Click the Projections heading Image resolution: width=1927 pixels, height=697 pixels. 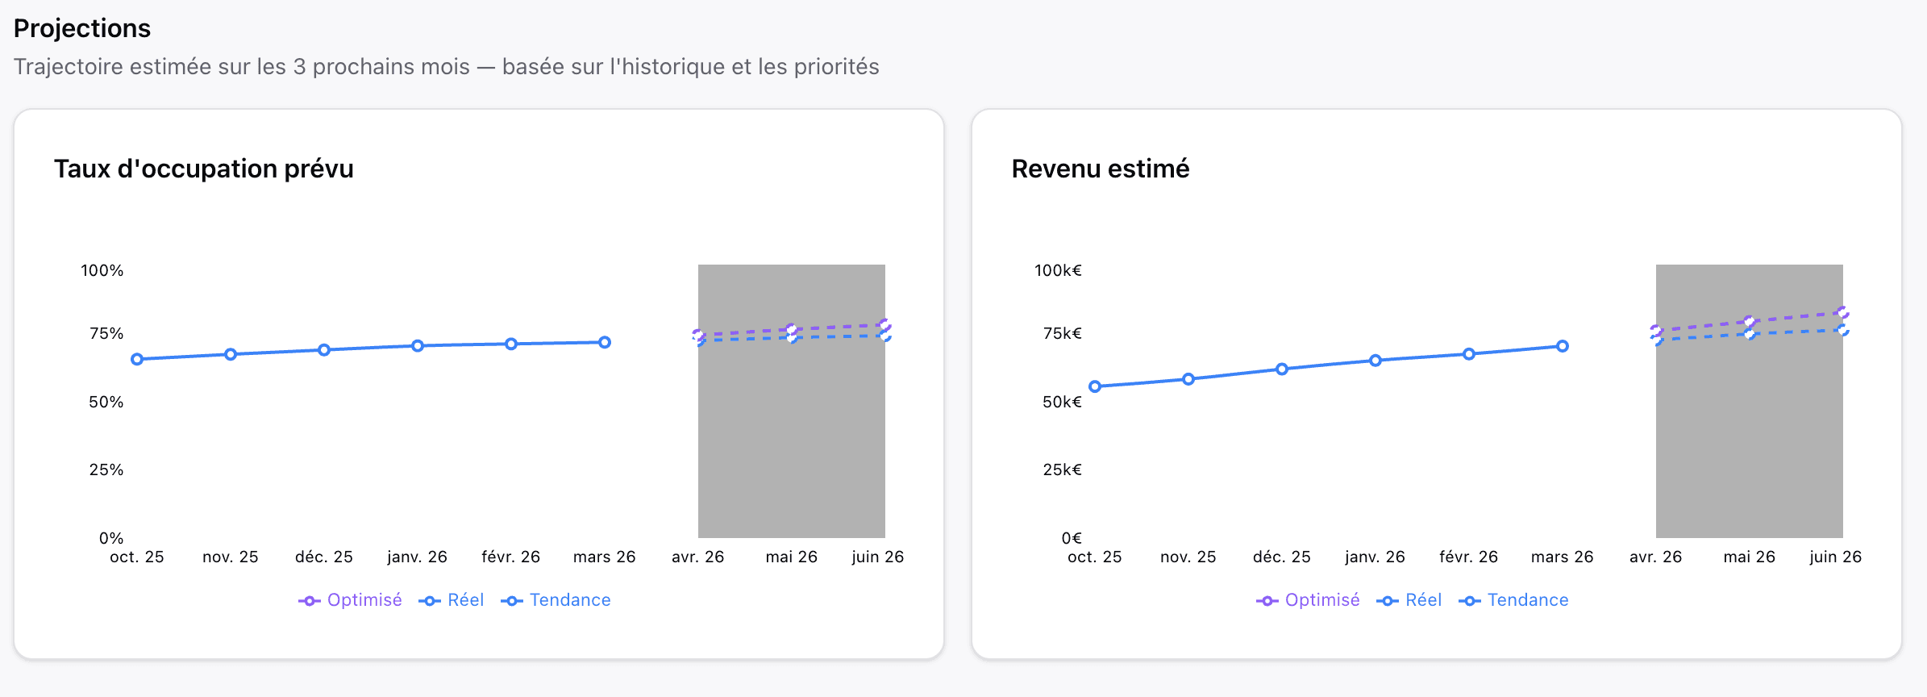pos(82,28)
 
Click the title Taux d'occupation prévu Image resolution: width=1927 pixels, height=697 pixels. pos(203,169)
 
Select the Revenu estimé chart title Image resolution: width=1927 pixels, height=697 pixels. pos(1100,169)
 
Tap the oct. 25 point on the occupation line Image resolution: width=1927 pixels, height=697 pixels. pos(137,359)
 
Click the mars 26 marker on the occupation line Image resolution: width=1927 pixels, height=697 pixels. pos(605,342)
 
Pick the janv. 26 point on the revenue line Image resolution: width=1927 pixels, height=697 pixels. pos(1376,361)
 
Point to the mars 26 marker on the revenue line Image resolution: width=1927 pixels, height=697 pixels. pos(1563,346)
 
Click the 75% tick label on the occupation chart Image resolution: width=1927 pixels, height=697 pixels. pos(106,333)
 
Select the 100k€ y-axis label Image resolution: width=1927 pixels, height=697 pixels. pos(1058,270)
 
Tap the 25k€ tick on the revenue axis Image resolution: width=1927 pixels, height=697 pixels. pos(1062,470)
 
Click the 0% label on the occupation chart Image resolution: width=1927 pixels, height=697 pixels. pos(111,538)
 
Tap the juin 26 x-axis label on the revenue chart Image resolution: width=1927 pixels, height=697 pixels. pos(1835,557)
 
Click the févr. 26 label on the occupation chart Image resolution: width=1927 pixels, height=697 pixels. pos(510,557)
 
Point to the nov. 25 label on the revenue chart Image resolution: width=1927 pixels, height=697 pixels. pos(1188,557)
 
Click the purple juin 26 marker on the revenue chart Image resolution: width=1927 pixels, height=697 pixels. pos(1842,312)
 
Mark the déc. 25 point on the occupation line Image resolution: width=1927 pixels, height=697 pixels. pos(324,350)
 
